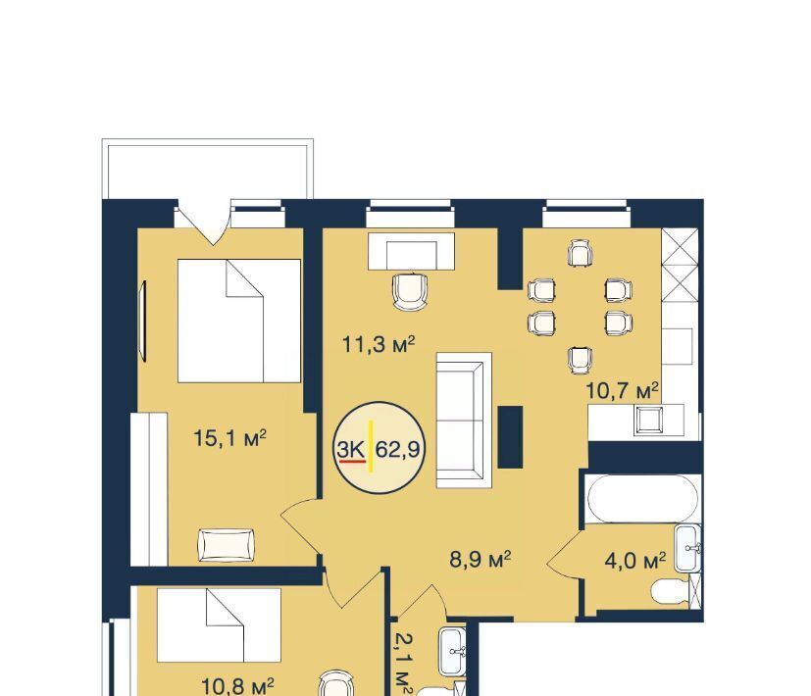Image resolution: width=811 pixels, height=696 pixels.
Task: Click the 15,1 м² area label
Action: pyautogui.click(x=229, y=438)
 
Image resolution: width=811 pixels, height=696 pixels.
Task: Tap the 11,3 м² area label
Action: pyautogui.click(x=379, y=344)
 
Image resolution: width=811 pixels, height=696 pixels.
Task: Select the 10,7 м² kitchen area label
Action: pyautogui.click(x=622, y=390)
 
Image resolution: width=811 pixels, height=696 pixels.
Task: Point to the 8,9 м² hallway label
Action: pyautogui.click(x=480, y=559)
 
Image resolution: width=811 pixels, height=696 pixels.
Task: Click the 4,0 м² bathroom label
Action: pyautogui.click(x=635, y=560)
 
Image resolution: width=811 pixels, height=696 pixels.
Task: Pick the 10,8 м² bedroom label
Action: pyautogui.click(x=237, y=687)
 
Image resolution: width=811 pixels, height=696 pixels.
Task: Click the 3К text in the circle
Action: pyautogui.click(x=351, y=449)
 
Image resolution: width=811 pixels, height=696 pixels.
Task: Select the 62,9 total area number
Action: pyautogui.click(x=397, y=449)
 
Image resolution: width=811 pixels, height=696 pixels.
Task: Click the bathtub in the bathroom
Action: pyautogui.click(x=642, y=498)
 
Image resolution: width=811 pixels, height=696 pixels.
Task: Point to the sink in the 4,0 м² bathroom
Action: pyautogui.click(x=687, y=548)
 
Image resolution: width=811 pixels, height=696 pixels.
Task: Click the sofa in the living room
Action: pyautogui.click(x=464, y=420)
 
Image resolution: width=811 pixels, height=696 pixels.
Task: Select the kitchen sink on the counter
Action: pyautogui.click(x=648, y=420)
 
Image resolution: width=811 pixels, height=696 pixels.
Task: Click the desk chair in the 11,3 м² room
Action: pyautogui.click(x=410, y=292)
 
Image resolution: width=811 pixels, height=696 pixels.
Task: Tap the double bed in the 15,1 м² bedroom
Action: pyautogui.click(x=239, y=322)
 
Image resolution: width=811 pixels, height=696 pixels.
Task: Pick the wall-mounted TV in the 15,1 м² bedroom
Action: pyautogui.click(x=143, y=321)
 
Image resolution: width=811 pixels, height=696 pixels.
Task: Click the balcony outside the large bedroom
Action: pyautogui.click(x=207, y=169)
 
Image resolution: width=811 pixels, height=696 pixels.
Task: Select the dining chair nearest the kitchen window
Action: pyautogui.click(x=580, y=253)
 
